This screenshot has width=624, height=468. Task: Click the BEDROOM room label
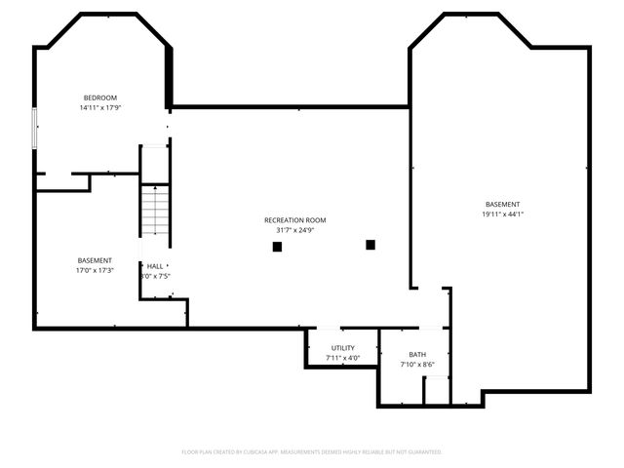[100, 97]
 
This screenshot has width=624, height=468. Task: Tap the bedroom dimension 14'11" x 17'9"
[100, 108]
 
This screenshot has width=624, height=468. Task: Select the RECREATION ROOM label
[294, 220]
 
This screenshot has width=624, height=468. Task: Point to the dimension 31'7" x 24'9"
[294, 231]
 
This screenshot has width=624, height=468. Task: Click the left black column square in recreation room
[277, 247]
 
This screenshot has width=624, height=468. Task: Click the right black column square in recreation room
[370, 244]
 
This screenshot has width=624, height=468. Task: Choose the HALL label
[155, 265]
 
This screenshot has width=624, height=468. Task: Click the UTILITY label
[342, 348]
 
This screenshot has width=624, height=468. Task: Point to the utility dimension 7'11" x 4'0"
[342, 358]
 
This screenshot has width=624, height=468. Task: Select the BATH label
[417, 355]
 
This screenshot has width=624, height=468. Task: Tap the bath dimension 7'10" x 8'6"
[417, 365]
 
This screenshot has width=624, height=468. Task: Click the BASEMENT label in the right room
[502, 204]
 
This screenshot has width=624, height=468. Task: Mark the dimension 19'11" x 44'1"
[502, 214]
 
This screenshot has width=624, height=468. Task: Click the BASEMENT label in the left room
[95, 260]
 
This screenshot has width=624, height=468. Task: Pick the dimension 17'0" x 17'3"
[95, 270]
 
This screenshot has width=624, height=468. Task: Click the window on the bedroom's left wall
[35, 129]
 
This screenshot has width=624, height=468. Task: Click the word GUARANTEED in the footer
[420, 452]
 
